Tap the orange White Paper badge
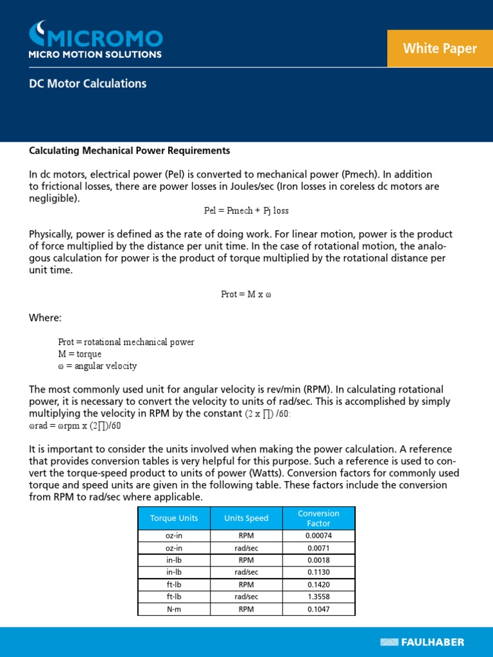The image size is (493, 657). pos(440,48)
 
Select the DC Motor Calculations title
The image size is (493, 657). pos(88,83)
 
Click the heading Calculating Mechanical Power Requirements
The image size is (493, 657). pos(129,151)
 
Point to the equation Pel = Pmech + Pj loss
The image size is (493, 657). pos(242,210)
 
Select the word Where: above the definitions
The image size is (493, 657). pos(46,318)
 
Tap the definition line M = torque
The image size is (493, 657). pos(80,354)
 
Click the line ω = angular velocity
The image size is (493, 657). pos(97,366)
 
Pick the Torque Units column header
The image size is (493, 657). pos(174,518)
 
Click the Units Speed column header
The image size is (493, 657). pos(246,518)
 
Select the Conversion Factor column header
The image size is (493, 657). pos(318,518)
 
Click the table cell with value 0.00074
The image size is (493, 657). pos(318,536)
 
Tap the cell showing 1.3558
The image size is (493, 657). pos(318,597)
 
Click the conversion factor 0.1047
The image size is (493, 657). pos(318,609)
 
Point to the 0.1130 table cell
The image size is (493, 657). pos(318,572)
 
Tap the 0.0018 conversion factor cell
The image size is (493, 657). pos(318,560)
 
